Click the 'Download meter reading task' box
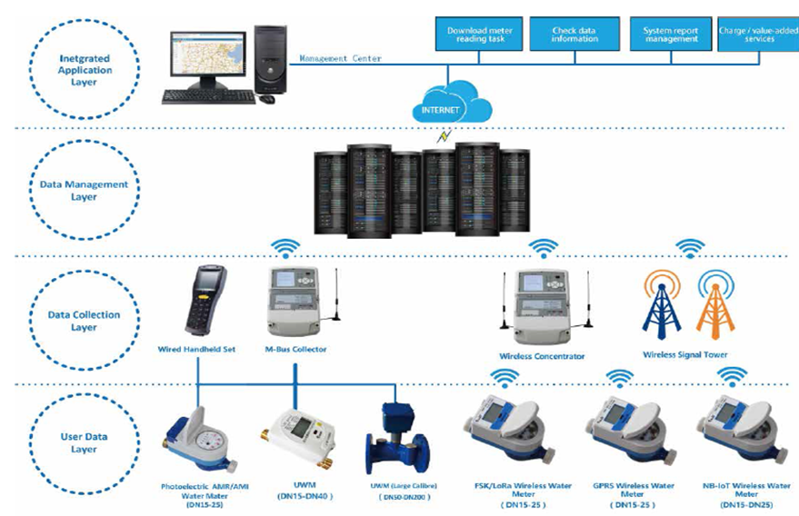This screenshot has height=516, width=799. pos(479,35)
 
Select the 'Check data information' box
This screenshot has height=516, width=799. pos(574,35)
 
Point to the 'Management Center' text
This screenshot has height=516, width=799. pos(341,58)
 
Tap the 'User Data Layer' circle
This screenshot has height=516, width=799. pos(84,442)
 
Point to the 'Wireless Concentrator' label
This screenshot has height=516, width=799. pos(542,356)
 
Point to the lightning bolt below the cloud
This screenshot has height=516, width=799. pos(444,137)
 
